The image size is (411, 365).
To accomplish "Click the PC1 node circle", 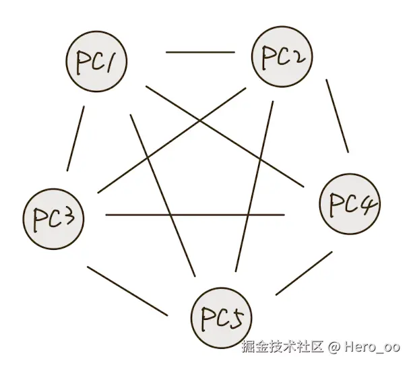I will pos(98,62).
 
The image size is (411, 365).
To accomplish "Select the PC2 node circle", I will pos(282,57).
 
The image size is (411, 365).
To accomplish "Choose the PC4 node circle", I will pos(350,205).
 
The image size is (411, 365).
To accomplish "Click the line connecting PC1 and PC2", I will pos(200,52).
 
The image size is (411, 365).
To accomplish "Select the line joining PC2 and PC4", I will pos(337,116).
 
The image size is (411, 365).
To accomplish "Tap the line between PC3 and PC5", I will pos(127,291).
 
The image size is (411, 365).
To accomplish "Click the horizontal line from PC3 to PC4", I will pos(195,215).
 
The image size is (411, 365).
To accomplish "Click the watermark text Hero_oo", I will pos(372,347).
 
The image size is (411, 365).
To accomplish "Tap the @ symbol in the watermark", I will pos(334,347).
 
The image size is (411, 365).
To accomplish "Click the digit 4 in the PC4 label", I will pos(370,203).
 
